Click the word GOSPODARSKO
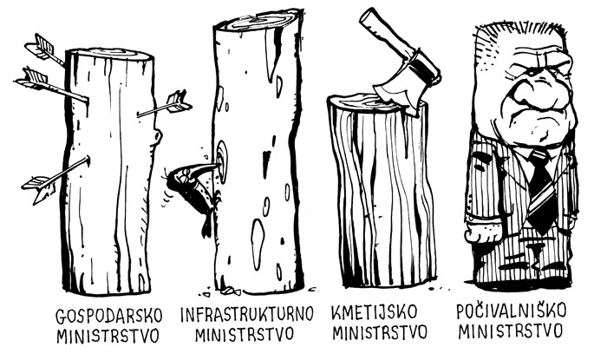tap(108, 317)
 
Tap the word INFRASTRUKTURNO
tap(247, 314)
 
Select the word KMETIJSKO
tap(375, 312)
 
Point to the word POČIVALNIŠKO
tap(511, 311)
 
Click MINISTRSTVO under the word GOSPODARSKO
tap(108, 335)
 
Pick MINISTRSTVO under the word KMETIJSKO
tap(380, 332)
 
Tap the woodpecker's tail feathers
tap(207, 226)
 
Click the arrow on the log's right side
tap(165, 107)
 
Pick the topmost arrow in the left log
tap(45, 49)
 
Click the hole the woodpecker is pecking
tap(222, 162)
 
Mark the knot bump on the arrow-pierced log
tap(157, 135)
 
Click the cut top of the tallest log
tap(258, 22)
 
